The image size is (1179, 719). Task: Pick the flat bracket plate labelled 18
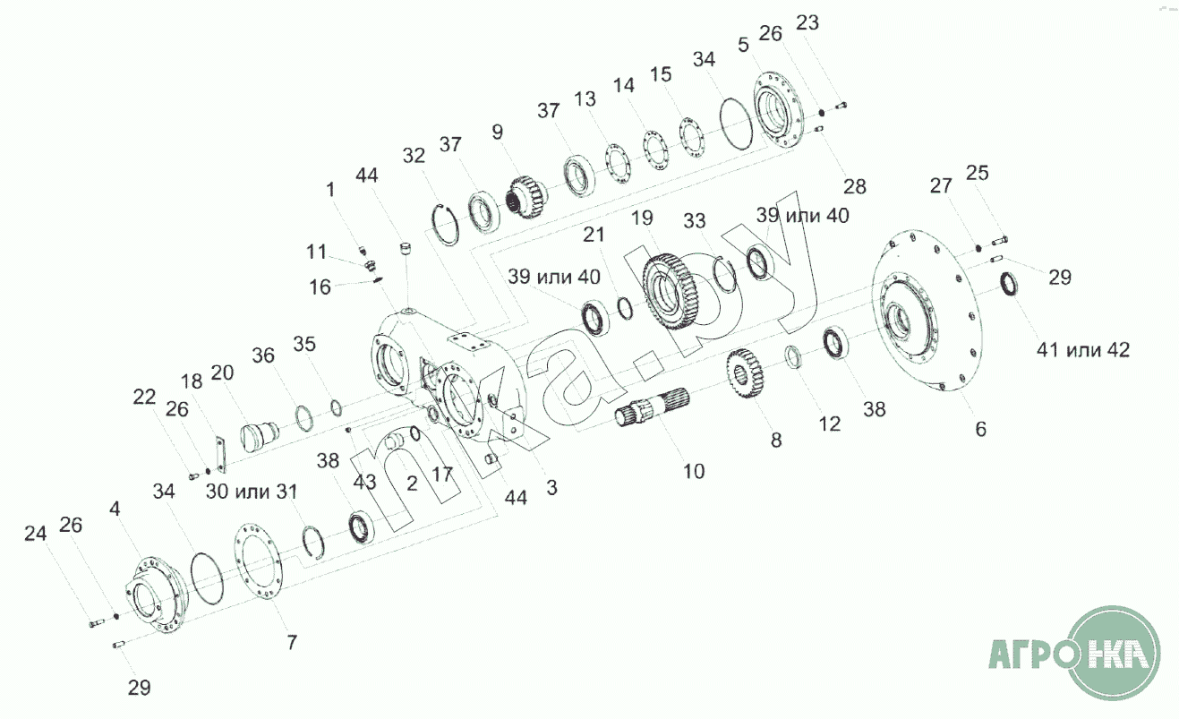pyautogui.click(x=220, y=454)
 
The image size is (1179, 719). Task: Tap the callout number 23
pyautogui.click(x=807, y=23)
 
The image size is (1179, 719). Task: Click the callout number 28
pyautogui.click(x=855, y=186)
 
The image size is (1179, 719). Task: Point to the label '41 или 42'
pyautogui.click(x=1083, y=350)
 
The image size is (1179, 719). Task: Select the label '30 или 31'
pyautogui.click(x=251, y=492)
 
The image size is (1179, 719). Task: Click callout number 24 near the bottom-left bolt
pyautogui.click(x=36, y=534)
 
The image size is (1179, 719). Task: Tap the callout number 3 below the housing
pyautogui.click(x=551, y=488)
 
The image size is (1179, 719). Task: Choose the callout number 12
pyautogui.click(x=830, y=424)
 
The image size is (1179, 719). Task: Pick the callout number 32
pyautogui.click(x=414, y=156)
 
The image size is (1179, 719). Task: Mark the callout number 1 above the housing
pyautogui.click(x=330, y=190)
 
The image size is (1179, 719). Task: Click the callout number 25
pyautogui.click(x=978, y=173)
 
